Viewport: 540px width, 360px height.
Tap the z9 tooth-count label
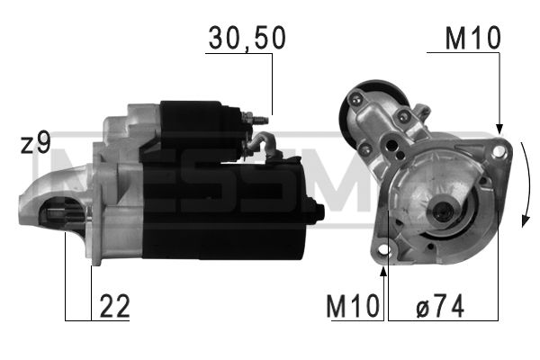click(35, 144)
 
